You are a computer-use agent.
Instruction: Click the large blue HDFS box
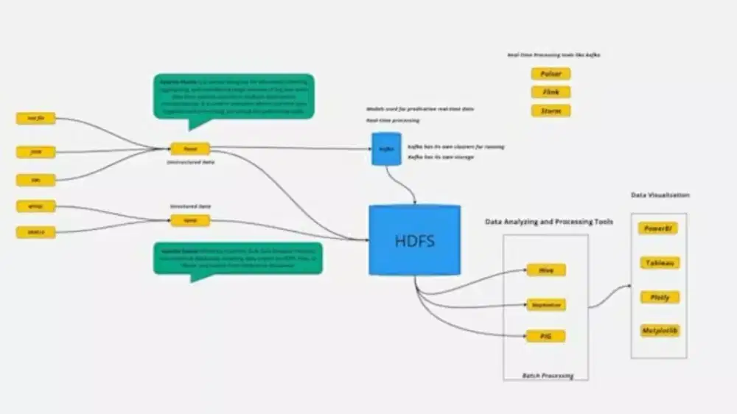click(414, 240)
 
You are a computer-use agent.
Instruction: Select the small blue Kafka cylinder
click(386, 149)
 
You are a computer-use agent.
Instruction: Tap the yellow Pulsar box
click(551, 74)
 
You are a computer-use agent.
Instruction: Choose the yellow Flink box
click(551, 92)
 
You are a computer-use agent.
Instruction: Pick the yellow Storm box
click(551, 111)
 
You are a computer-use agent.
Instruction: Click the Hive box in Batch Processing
click(546, 270)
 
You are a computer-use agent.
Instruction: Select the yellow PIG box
click(546, 337)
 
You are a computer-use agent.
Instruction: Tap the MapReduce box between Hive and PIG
click(546, 304)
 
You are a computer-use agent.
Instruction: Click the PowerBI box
click(659, 228)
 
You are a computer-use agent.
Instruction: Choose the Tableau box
click(659, 263)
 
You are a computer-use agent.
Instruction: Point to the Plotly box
click(659, 297)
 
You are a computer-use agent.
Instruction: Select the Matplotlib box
click(659, 331)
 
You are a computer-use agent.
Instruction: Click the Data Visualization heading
click(660, 195)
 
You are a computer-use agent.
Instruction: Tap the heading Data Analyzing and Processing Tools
click(548, 222)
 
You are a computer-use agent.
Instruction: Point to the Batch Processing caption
click(546, 376)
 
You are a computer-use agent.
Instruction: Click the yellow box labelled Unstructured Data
click(190, 148)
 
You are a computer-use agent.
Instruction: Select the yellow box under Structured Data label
click(190, 220)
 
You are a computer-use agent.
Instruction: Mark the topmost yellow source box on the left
click(35, 119)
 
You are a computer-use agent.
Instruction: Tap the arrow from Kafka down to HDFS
click(410, 184)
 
